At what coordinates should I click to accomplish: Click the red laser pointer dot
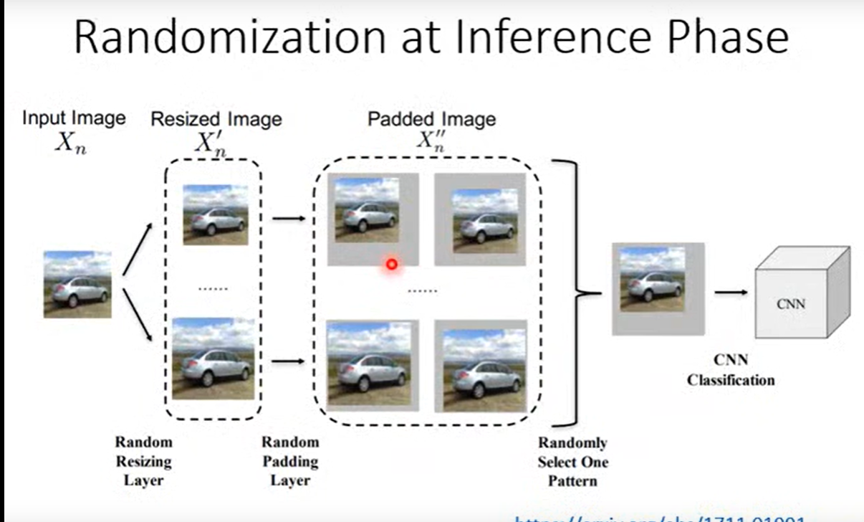391,265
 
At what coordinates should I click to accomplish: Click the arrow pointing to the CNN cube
731,292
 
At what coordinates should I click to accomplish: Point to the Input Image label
73,118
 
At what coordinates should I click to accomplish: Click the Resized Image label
216,119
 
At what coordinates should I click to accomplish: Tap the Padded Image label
431,119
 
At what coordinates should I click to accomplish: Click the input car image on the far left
77,285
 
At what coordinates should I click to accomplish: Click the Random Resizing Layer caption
144,461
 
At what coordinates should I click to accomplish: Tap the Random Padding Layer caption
290,461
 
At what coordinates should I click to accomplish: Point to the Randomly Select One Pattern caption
572,462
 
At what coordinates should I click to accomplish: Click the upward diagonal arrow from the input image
137,249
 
